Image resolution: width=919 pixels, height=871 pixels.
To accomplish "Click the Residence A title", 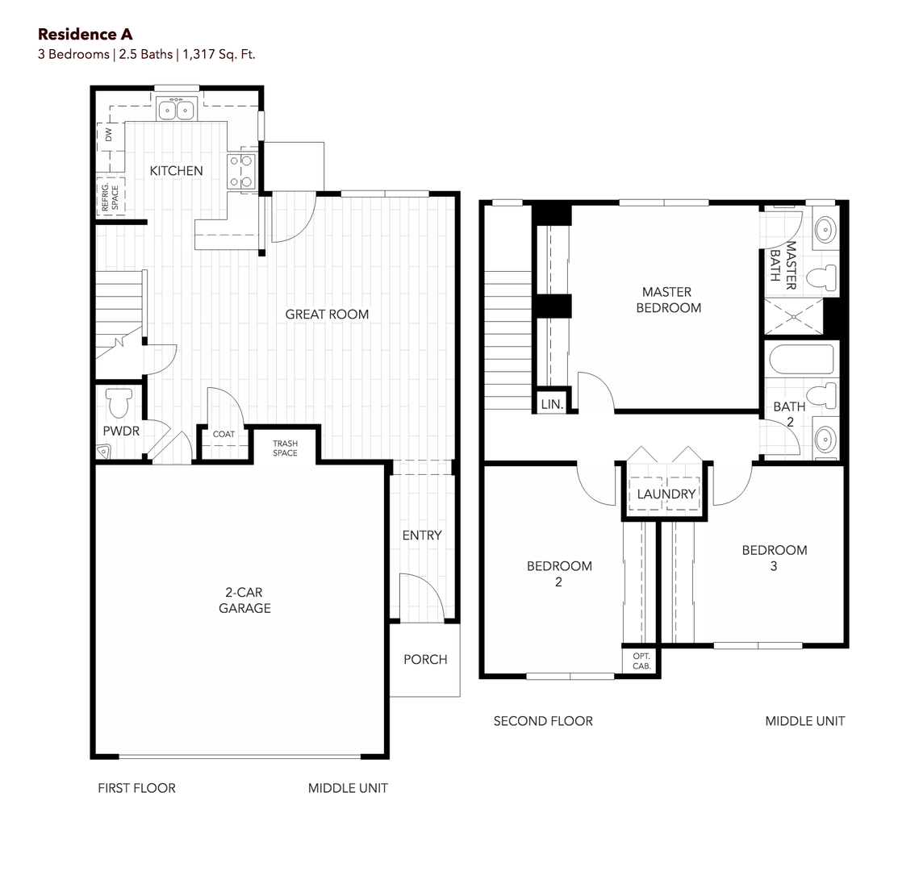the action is (x=85, y=34).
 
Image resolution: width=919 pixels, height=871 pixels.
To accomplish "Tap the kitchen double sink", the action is (x=177, y=110).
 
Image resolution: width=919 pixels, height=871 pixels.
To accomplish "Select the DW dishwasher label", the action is (x=108, y=135).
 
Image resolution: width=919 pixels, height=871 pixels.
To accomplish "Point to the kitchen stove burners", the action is (x=241, y=171).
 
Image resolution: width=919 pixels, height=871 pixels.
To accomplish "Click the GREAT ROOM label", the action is (x=327, y=315).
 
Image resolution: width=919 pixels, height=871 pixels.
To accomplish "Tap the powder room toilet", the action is (x=119, y=402).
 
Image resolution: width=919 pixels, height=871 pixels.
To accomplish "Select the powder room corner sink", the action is (x=104, y=452).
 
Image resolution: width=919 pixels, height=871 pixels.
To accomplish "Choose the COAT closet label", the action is (x=223, y=434).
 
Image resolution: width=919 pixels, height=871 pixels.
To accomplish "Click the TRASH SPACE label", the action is (x=286, y=448).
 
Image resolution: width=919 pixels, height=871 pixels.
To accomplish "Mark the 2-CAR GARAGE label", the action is (x=244, y=600).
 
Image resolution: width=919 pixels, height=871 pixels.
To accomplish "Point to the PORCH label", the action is (x=425, y=660).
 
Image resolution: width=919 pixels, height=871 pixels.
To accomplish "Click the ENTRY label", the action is (x=422, y=536).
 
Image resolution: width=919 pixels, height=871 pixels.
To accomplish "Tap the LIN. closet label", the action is (x=552, y=404).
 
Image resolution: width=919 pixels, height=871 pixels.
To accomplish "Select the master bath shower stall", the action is (x=794, y=316).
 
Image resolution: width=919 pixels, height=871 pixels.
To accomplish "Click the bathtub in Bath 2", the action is (x=801, y=359).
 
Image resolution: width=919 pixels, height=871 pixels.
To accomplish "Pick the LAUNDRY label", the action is (x=666, y=494).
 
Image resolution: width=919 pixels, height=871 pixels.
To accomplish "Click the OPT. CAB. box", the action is (x=641, y=661).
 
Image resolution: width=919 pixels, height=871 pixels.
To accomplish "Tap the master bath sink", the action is (x=825, y=229).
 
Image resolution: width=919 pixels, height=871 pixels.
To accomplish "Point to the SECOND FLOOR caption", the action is (x=543, y=721).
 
